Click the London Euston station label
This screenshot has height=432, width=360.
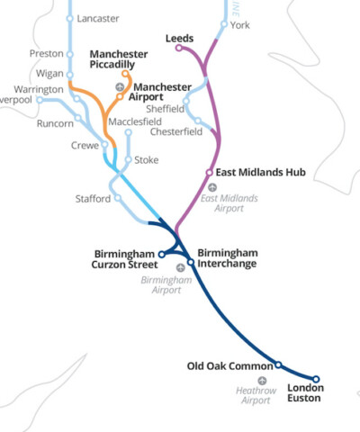click(x=305, y=393)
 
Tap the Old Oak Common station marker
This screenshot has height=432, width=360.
click(x=278, y=364)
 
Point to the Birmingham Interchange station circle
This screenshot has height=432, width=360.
click(x=191, y=262)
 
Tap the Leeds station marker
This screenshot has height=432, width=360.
click(x=178, y=48)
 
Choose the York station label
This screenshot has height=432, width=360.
click(x=240, y=25)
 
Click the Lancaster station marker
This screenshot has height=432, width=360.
click(x=70, y=19)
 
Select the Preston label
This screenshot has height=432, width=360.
click(x=46, y=53)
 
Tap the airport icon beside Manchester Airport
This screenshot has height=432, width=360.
click(x=120, y=86)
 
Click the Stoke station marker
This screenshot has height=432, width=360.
click(x=129, y=161)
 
